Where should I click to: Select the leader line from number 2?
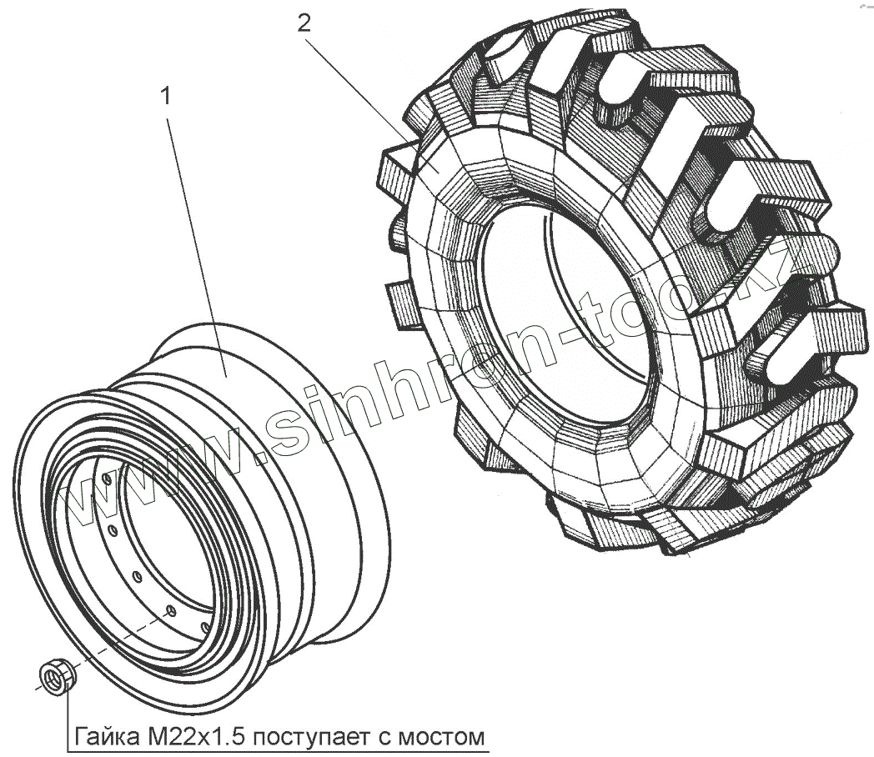(367, 92)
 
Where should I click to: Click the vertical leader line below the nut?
(67, 717)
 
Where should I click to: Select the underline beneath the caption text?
(275, 749)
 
